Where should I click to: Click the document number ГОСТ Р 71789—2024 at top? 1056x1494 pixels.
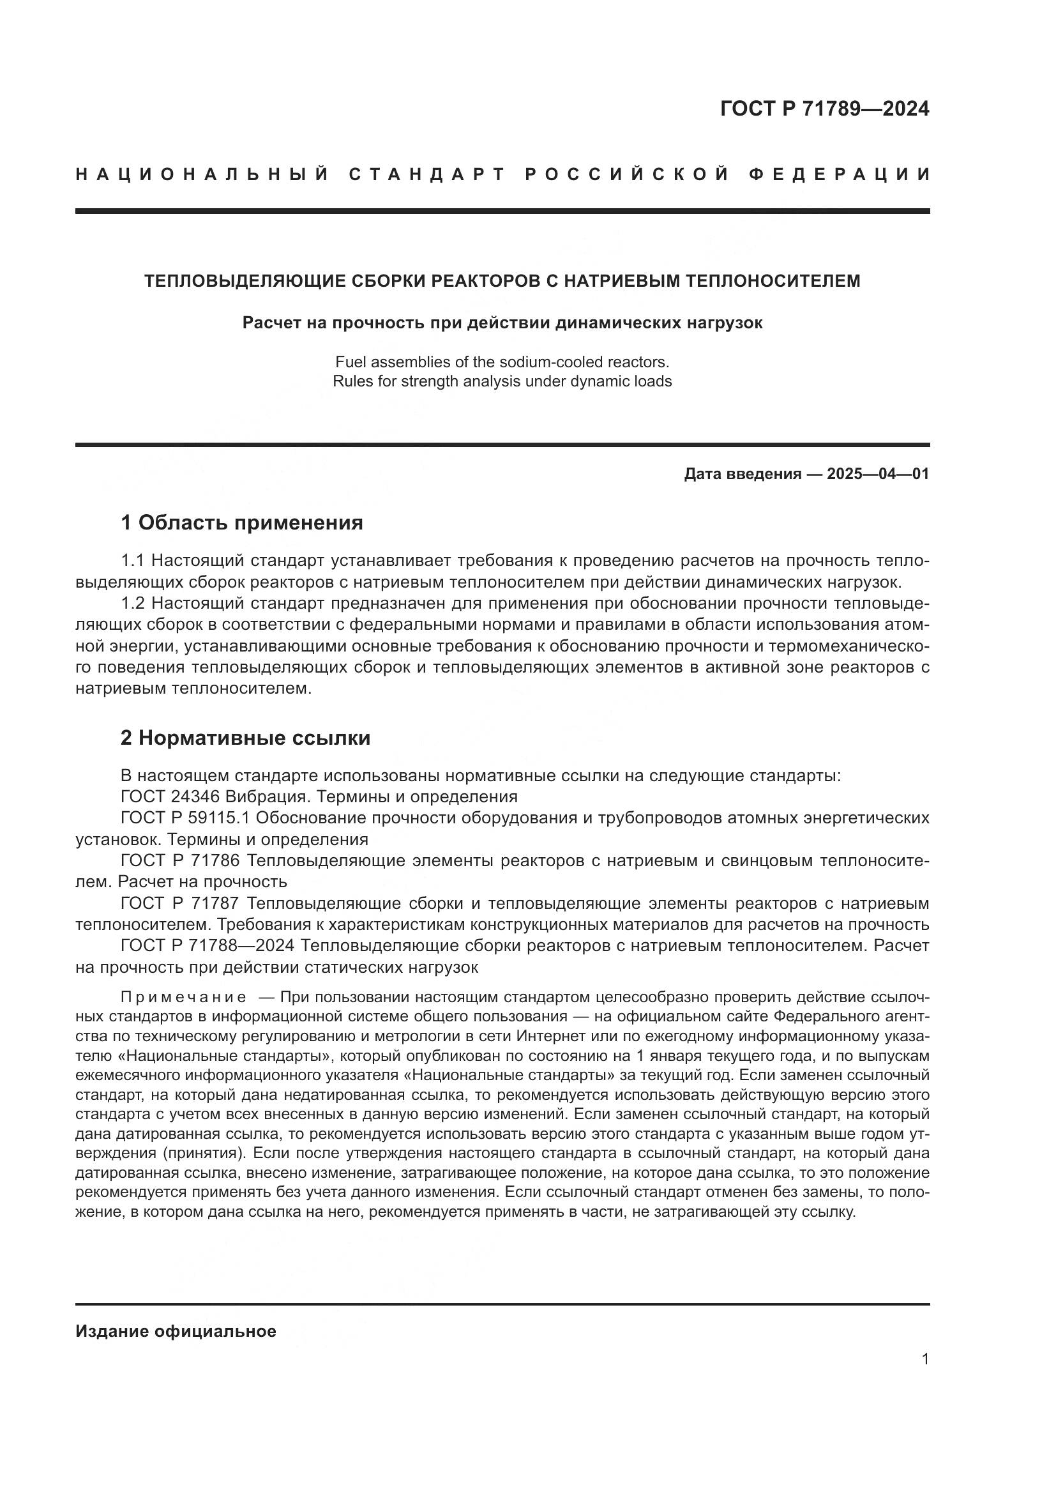[824, 109]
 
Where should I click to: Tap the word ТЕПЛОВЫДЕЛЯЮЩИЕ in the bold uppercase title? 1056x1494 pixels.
[245, 281]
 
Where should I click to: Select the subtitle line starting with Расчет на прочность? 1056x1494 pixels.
[502, 323]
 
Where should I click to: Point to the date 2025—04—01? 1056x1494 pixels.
[877, 474]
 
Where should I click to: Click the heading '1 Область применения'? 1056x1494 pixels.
[241, 522]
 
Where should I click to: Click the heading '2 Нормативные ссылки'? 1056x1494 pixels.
[245, 738]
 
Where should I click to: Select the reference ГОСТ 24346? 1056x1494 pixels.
[171, 797]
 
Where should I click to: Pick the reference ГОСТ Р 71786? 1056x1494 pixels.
[180, 861]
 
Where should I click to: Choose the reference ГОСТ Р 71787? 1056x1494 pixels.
[180, 904]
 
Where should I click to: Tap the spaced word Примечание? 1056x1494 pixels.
[183, 998]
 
